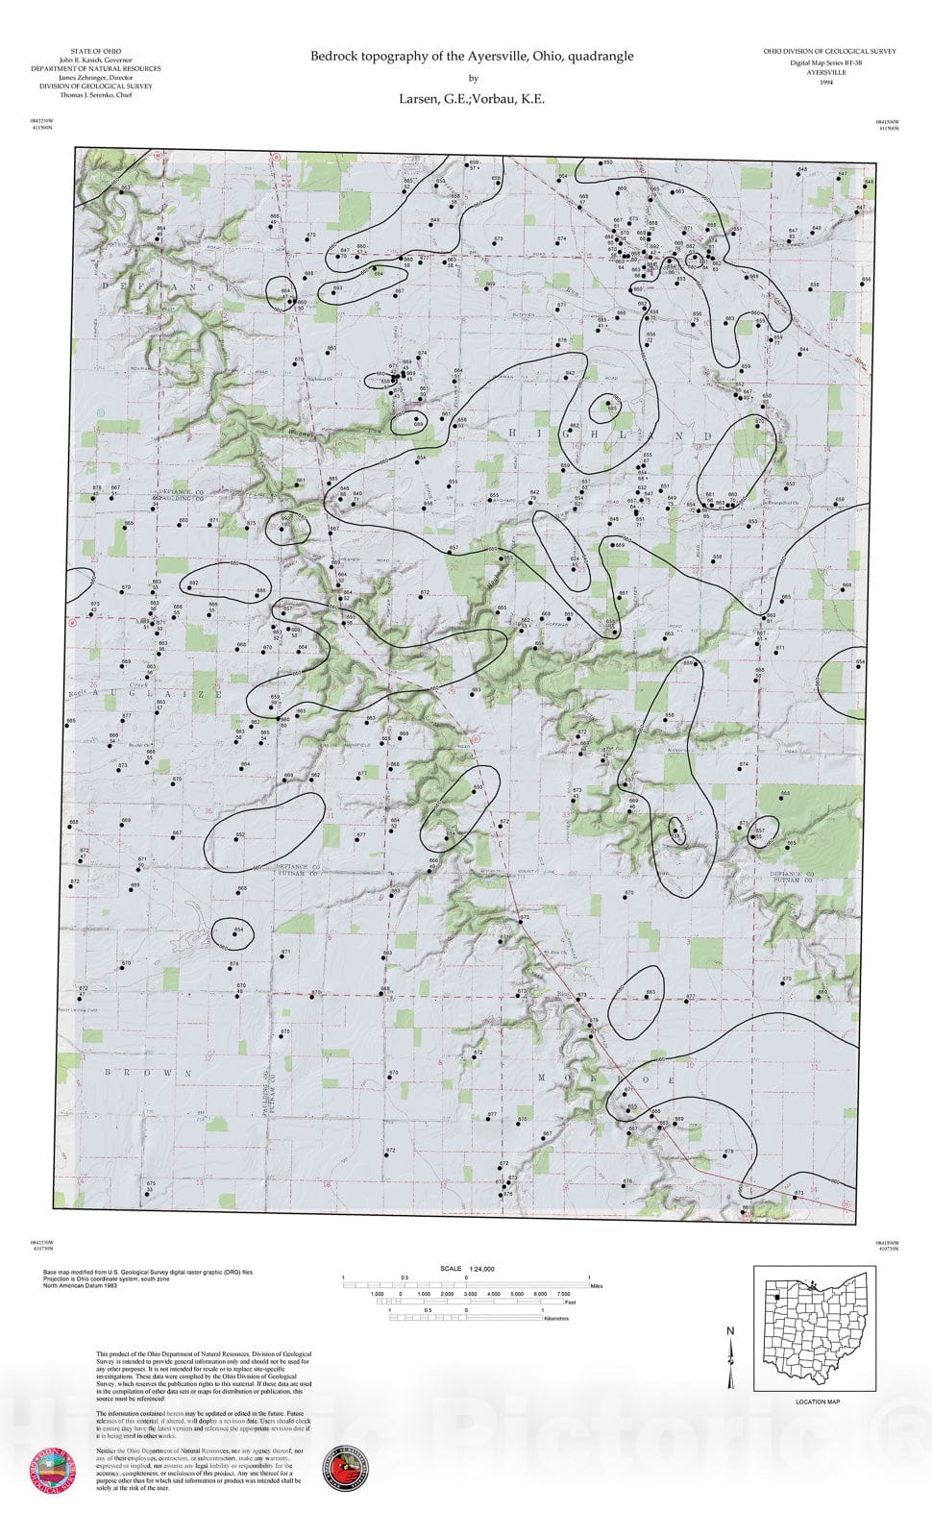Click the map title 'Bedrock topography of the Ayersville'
(472, 57)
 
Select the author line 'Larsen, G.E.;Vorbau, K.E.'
(472, 98)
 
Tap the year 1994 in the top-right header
(826, 83)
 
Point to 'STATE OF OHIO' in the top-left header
(96, 51)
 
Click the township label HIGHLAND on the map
(609, 435)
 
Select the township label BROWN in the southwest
(148, 1072)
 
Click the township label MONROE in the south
(606, 1079)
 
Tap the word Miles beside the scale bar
(597, 1285)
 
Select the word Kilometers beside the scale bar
(556, 1319)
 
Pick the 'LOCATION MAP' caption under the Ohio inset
(818, 1402)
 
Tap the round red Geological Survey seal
(55, 1470)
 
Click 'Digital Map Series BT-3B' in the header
(826, 62)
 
